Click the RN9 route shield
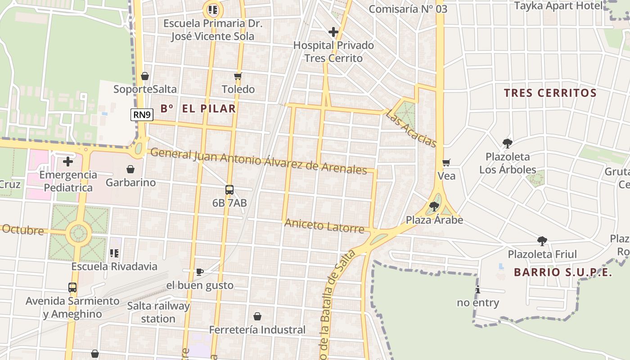[x=142, y=115]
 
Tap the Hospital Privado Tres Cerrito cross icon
[x=333, y=32]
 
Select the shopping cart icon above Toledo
[x=238, y=76]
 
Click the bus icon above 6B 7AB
[x=229, y=189]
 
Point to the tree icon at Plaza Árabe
[x=434, y=207]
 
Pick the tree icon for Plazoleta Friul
[x=542, y=241]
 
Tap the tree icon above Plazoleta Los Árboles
[x=508, y=144]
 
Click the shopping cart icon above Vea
[x=446, y=162]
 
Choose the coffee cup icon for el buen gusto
[x=200, y=271]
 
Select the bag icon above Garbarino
[x=130, y=169]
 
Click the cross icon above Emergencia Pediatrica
[x=68, y=161]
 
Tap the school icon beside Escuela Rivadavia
[x=114, y=253]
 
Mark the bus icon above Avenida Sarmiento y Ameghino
[x=72, y=287]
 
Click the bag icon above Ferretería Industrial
[x=257, y=316]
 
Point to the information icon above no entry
[x=478, y=289]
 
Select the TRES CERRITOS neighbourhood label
[x=550, y=93]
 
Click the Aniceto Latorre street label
[x=324, y=225]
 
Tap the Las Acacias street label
[x=411, y=128]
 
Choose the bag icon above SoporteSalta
[x=145, y=76]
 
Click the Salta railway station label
[x=158, y=312]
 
